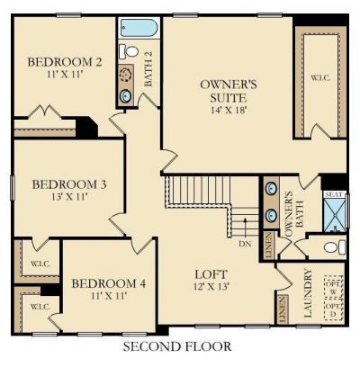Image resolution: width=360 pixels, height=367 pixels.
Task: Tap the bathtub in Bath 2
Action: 138,28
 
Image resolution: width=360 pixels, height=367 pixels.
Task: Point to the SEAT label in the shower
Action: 335,194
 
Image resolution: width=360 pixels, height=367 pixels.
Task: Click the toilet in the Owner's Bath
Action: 331,246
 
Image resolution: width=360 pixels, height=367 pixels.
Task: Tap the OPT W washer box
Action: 335,287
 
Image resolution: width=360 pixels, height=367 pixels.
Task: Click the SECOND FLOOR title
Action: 176,345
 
